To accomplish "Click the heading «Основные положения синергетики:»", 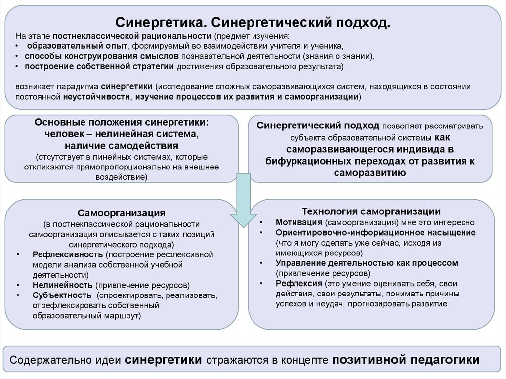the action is point(122,122).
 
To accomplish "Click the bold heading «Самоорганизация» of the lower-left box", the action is point(121,213).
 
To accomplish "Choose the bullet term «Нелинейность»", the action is point(63,285).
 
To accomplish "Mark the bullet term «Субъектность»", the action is point(62,295).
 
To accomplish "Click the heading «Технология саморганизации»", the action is point(371,211).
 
